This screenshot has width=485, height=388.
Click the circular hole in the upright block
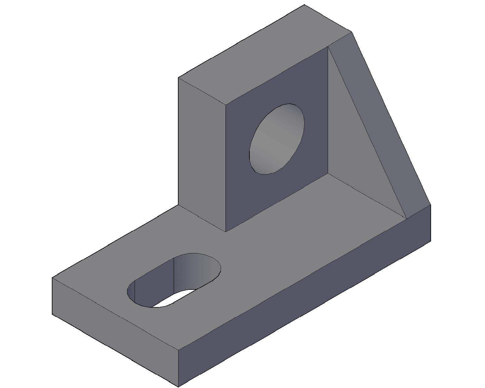click(x=276, y=139)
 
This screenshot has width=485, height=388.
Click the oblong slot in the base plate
click(x=173, y=280)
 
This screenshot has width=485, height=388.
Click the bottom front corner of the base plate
click(x=178, y=386)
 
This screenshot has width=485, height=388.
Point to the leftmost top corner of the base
click(x=52, y=278)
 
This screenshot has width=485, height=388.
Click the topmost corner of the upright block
click(x=304, y=5)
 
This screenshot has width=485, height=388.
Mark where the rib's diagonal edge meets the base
click(x=406, y=218)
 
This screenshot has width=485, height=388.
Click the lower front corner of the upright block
click(x=226, y=232)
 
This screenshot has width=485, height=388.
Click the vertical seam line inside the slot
click(x=173, y=274)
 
